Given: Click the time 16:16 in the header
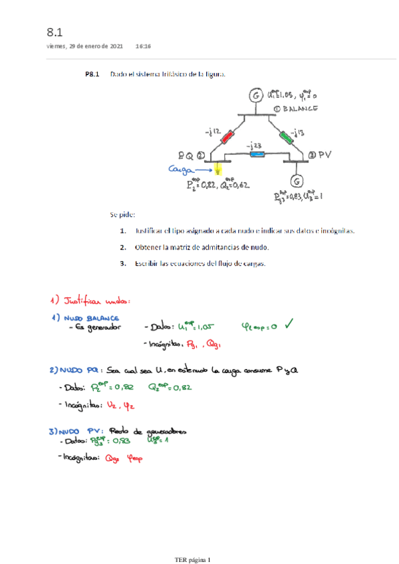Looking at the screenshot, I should tap(143, 47).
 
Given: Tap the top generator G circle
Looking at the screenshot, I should tap(256, 97).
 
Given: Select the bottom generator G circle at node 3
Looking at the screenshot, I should tap(298, 180).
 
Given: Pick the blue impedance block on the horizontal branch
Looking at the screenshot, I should tap(255, 154).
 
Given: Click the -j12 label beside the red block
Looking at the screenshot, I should tap(213, 132).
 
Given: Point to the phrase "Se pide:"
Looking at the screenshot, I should tap(123, 215).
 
